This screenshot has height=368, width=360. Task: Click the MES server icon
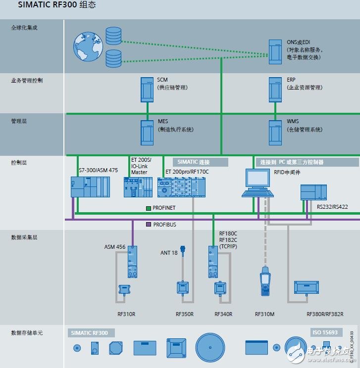point(147,132)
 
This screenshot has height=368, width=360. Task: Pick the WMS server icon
point(275,132)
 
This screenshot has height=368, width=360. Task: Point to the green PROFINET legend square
point(149,208)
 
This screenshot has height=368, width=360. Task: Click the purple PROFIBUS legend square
point(149,225)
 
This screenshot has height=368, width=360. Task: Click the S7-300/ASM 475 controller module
point(90,186)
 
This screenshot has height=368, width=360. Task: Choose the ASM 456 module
point(132,262)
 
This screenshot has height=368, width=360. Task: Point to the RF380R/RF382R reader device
point(309,287)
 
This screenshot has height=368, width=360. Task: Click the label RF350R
point(184,314)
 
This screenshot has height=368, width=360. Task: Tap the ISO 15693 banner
point(324,332)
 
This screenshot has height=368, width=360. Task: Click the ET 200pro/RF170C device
point(181,187)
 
